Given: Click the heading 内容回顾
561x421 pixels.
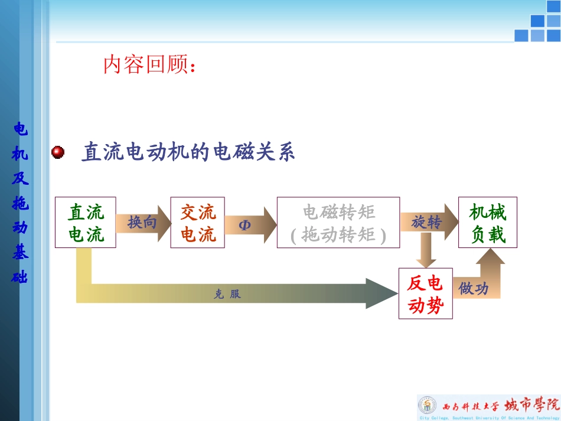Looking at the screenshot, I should click(149, 65).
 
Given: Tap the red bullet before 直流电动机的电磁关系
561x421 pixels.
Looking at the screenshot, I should click(58, 153).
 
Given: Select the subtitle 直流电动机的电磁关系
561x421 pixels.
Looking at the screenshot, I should click(188, 152).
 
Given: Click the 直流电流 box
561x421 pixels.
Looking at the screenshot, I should click(86, 223).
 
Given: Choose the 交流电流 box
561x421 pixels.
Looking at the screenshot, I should click(197, 223).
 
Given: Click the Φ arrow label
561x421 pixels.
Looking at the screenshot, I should click(245, 225).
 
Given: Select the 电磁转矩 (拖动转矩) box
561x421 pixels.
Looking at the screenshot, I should click(338, 223).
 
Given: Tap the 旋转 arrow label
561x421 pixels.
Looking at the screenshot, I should click(426, 223).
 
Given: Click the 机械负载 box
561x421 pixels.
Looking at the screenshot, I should click(488, 223).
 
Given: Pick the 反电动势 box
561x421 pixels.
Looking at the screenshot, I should click(425, 293).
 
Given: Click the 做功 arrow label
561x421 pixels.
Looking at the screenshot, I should click(474, 289).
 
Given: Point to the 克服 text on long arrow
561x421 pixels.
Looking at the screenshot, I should click(227, 294).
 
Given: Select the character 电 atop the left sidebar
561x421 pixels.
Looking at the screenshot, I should click(20, 129).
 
